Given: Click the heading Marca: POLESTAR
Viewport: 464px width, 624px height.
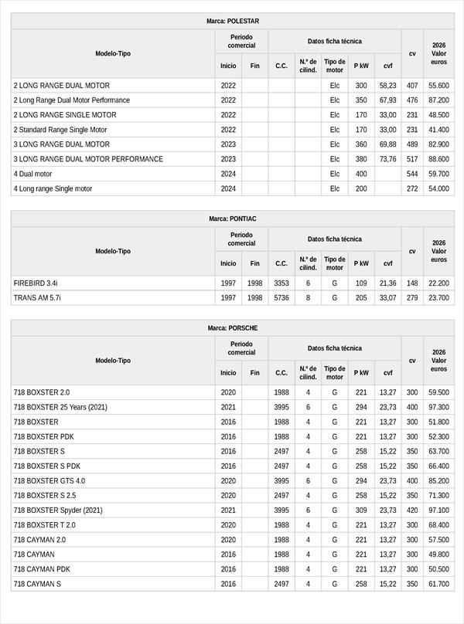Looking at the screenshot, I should click(233, 21).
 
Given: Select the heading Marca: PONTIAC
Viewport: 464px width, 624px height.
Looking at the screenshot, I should click(233, 219).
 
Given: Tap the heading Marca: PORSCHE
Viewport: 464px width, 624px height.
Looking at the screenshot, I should click(233, 328).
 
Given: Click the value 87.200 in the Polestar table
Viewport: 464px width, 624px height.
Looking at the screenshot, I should click(438, 100).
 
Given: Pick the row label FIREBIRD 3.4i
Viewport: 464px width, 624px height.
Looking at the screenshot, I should click(36, 283).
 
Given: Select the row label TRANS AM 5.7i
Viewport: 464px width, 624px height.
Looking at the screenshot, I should click(37, 298).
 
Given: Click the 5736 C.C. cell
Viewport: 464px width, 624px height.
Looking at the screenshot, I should click(281, 298).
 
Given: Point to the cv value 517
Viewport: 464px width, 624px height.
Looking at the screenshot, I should click(412, 159).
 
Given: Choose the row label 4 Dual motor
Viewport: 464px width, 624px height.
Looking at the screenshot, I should click(32, 174).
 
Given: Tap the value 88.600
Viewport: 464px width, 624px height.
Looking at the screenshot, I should click(438, 159).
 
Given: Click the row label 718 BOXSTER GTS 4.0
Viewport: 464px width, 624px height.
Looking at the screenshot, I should click(49, 481).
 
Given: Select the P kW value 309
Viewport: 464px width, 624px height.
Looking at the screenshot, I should click(361, 510).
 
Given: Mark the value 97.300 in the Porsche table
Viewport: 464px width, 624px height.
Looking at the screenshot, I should click(438, 408).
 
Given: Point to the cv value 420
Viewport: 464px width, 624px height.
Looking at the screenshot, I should click(412, 510).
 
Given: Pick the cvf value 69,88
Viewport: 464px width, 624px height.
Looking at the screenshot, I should click(387, 144).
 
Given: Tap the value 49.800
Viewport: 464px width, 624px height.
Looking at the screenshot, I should click(438, 554).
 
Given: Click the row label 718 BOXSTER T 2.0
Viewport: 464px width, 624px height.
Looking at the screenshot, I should click(45, 525).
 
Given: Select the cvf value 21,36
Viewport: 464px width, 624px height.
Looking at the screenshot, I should click(387, 283).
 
